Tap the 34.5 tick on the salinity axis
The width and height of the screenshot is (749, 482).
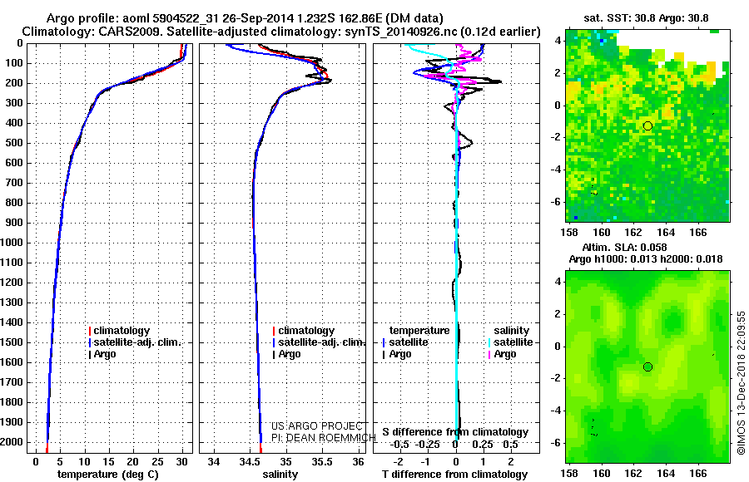[250, 461]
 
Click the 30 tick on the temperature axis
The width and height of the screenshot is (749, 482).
[181, 461]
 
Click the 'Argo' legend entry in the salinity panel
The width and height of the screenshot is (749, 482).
[290, 354]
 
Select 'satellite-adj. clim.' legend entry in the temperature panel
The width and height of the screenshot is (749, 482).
[137, 342]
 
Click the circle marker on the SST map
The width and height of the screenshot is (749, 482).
[647, 125]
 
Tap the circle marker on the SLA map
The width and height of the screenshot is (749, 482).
[647, 366]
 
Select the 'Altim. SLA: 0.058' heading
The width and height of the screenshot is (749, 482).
[647, 248]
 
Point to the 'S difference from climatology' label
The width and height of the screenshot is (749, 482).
[455, 432]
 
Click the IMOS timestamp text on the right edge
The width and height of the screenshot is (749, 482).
[742, 382]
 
